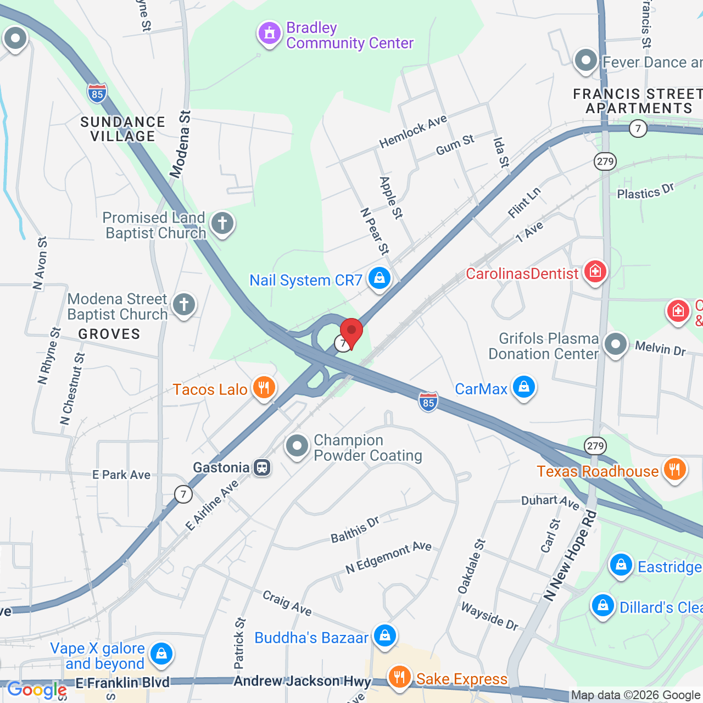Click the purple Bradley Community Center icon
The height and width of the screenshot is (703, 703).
269,34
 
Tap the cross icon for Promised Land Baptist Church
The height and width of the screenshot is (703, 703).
222,224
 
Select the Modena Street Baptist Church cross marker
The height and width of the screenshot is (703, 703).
184,304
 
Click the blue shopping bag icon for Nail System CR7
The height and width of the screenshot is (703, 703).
379,278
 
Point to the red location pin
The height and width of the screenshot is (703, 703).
351,332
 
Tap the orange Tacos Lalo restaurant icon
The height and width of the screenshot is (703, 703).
264,388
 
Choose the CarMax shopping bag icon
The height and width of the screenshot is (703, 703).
523,387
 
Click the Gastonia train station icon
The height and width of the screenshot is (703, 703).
262,467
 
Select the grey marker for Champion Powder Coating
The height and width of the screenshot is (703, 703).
297,447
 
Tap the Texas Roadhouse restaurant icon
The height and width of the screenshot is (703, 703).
674,470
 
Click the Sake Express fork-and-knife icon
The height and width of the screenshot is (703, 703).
399,677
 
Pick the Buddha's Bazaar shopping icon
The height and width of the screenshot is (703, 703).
384,635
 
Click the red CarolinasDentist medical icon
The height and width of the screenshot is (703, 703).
595,271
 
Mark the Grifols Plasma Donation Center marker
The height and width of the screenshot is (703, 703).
615,345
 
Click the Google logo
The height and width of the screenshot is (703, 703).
36,690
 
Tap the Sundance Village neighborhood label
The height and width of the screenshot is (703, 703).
122,129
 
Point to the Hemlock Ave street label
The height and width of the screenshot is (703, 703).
413,132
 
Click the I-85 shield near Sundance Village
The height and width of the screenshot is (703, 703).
97,93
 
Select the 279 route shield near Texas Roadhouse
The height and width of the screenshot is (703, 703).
595,445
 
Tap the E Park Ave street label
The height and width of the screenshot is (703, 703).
121,475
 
